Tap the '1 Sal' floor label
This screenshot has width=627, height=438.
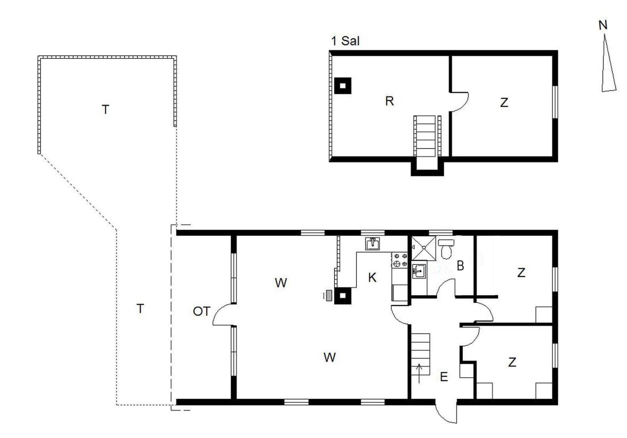point(345,41)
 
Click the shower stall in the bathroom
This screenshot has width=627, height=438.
point(424,248)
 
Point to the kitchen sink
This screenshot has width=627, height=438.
point(372,243)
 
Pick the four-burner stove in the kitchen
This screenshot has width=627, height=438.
point(400,260)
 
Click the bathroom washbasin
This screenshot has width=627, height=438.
point(419,271)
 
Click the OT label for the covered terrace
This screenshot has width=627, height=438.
point(202,311)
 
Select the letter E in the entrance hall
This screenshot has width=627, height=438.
point(444,376)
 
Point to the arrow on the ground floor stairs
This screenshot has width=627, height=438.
point(419,373)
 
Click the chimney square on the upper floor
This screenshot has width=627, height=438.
point(343,85)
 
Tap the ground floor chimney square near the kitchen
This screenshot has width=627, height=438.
point(342,296)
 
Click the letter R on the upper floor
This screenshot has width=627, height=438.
point(390,101)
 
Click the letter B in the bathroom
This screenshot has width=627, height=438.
point(460,266)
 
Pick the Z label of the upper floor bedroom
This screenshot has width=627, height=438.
point(504,103)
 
